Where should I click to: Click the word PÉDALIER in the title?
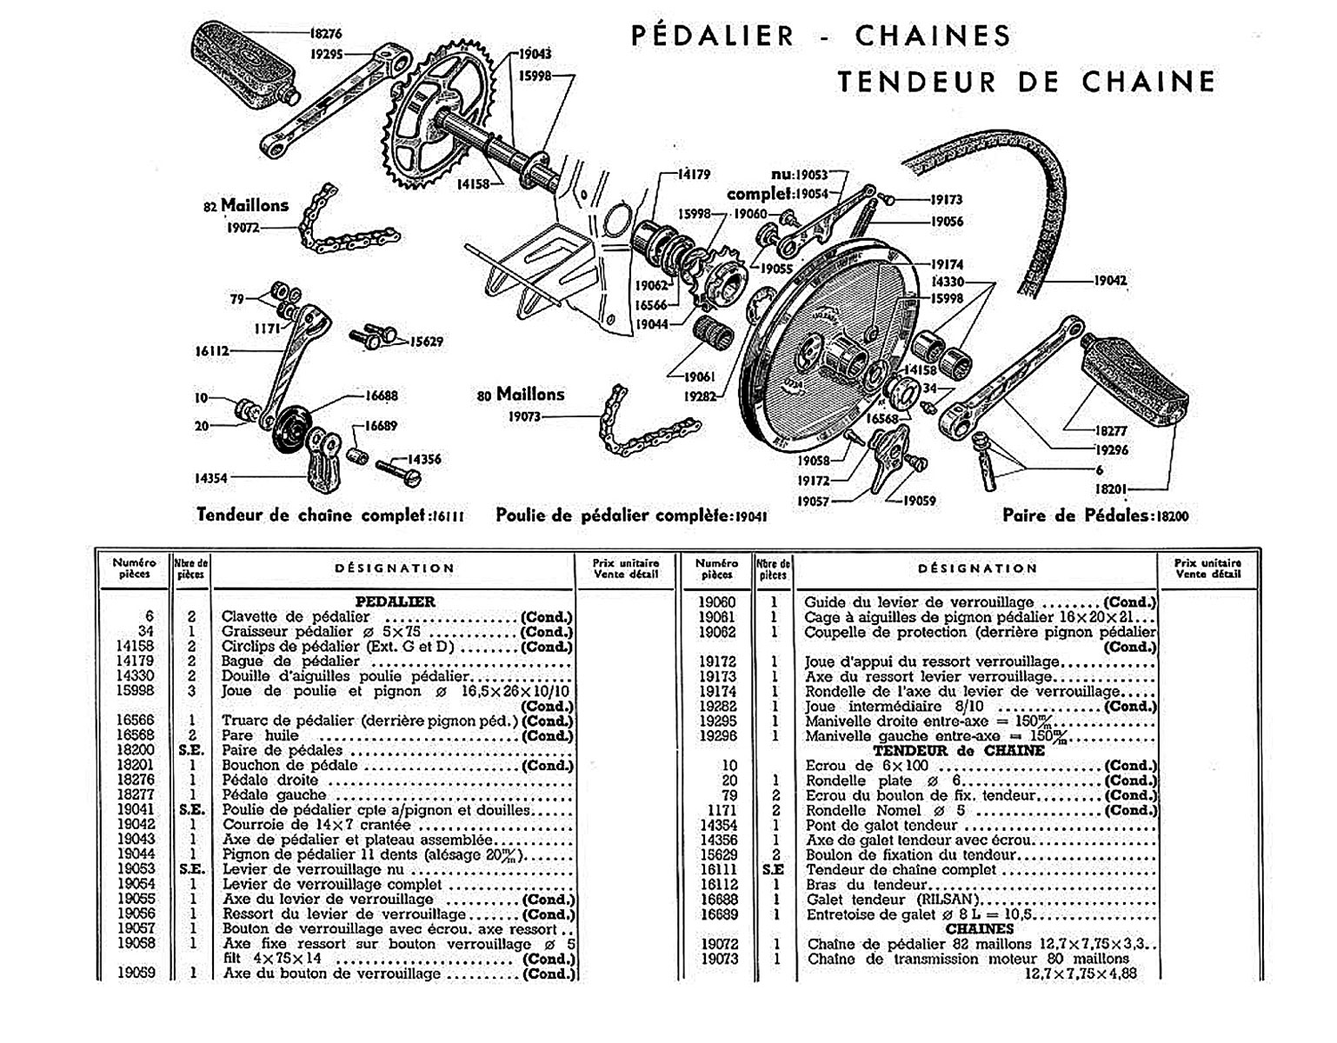[x=712, y=36]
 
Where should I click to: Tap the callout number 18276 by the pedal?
[x=326, y=34]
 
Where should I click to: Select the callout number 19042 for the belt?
[x=1110, y=281]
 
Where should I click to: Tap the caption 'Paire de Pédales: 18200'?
[x=1095, y=515]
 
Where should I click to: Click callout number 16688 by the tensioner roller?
[x=382, y=395]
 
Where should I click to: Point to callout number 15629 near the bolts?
[x=427, y=342]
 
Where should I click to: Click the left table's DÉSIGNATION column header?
[x=395, y=568]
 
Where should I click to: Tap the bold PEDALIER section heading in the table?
[x=395, y=601]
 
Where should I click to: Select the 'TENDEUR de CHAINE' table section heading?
[x=958, y=751]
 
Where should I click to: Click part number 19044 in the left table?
[x=135, y=854]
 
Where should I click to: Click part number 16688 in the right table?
[x=718, y=900]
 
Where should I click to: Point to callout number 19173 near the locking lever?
[x=947, y=200]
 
